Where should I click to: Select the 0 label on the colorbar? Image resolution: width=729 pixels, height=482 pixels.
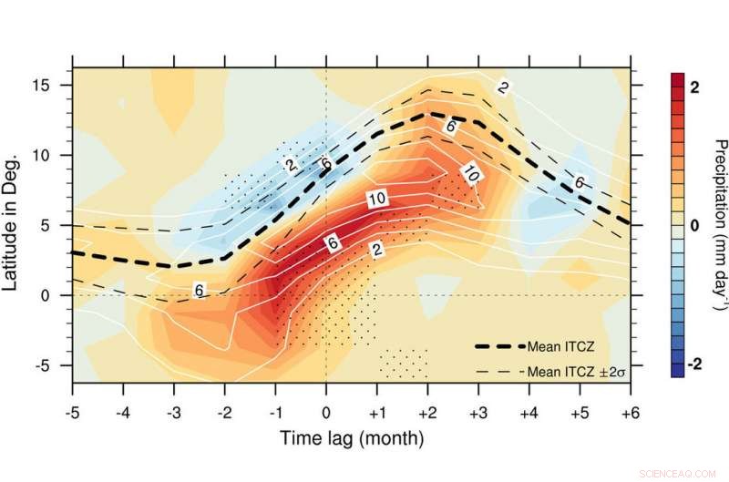pyautogui.click(x=694, y=225)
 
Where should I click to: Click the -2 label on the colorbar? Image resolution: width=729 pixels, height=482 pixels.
pyautogui.click(x=693, y=364)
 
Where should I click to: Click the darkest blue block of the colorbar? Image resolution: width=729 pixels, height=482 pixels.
pyautogui.click(x=677, y=368)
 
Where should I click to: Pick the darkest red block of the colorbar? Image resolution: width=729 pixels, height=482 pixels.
pyautogui.click(x=677, y=81)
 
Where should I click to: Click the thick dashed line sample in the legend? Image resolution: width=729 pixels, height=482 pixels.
pyautogui.click(x=500, y=346)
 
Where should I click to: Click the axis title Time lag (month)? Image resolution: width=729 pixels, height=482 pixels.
pyautogui.click(x=351, y=439)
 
